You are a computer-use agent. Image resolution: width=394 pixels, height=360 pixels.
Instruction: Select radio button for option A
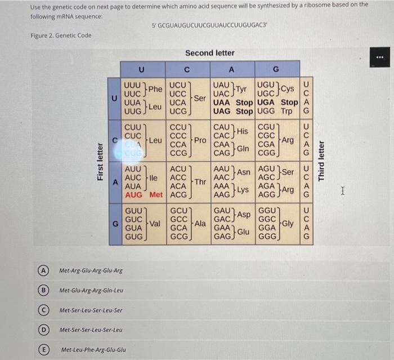coord(42,270)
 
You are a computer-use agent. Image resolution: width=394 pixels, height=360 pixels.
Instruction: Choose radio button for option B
coord(42,290)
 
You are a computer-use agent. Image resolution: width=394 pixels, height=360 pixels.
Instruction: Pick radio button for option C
coord(42,310)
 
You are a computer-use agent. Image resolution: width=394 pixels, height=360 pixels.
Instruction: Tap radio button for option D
coord(42,330)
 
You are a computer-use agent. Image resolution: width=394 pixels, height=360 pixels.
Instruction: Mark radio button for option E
coord(42,349)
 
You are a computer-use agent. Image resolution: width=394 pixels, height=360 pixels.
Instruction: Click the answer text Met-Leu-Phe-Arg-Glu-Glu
coord(93,350)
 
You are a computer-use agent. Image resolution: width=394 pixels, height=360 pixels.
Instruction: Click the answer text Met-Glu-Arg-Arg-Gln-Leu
coord(91,291)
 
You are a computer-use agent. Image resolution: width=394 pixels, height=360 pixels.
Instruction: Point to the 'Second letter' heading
coord(209,53)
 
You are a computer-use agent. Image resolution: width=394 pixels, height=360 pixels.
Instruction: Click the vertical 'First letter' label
coord(100,161)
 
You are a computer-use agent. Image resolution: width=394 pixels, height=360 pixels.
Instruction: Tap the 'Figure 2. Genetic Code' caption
coord(61,36)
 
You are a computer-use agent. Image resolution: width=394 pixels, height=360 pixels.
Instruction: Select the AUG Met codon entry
coord(143,195)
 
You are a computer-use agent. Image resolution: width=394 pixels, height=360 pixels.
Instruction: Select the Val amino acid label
coord(154,224)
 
